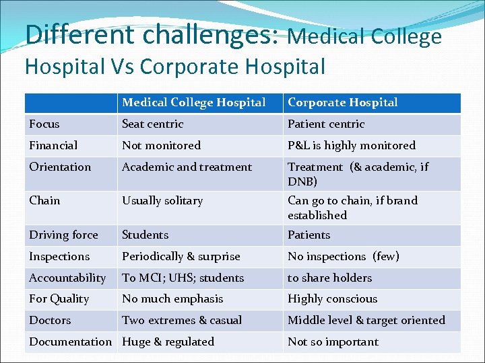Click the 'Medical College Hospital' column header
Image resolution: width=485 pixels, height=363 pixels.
click(x=194, y=103)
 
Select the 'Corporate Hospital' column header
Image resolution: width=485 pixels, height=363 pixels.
click(x=343, y=103)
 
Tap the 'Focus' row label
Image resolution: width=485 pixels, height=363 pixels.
click(x=44, y=124)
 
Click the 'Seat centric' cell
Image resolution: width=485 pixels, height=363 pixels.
click(x=152, y=124)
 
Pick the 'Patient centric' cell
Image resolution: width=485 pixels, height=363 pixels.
click(x=326, y=124)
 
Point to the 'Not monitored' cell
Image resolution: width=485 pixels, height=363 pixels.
click(x=161, y=146)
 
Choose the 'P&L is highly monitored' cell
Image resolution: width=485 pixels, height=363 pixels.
click(x=352, y=146)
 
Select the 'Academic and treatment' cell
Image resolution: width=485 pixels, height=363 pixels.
click(x=187, y=167)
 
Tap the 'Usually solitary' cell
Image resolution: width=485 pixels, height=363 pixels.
click(x=162, y=201)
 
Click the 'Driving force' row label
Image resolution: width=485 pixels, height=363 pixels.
click(x=63, y=235)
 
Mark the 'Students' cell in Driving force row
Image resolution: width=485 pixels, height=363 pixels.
click(x=145, y=235)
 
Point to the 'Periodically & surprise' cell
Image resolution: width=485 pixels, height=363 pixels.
click(x=181, y=257)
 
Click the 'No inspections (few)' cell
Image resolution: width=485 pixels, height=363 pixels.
click(x=344, y=257)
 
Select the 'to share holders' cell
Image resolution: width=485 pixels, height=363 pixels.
click(x=329, y=278)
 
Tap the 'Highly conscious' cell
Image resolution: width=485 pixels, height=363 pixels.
click(x=332, y=299)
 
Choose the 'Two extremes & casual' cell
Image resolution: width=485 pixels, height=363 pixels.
click(x=182, y=321)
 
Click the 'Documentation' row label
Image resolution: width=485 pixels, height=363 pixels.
click(x=70, y=342)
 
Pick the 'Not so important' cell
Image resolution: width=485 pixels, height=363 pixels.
click(x=333, y=342)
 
